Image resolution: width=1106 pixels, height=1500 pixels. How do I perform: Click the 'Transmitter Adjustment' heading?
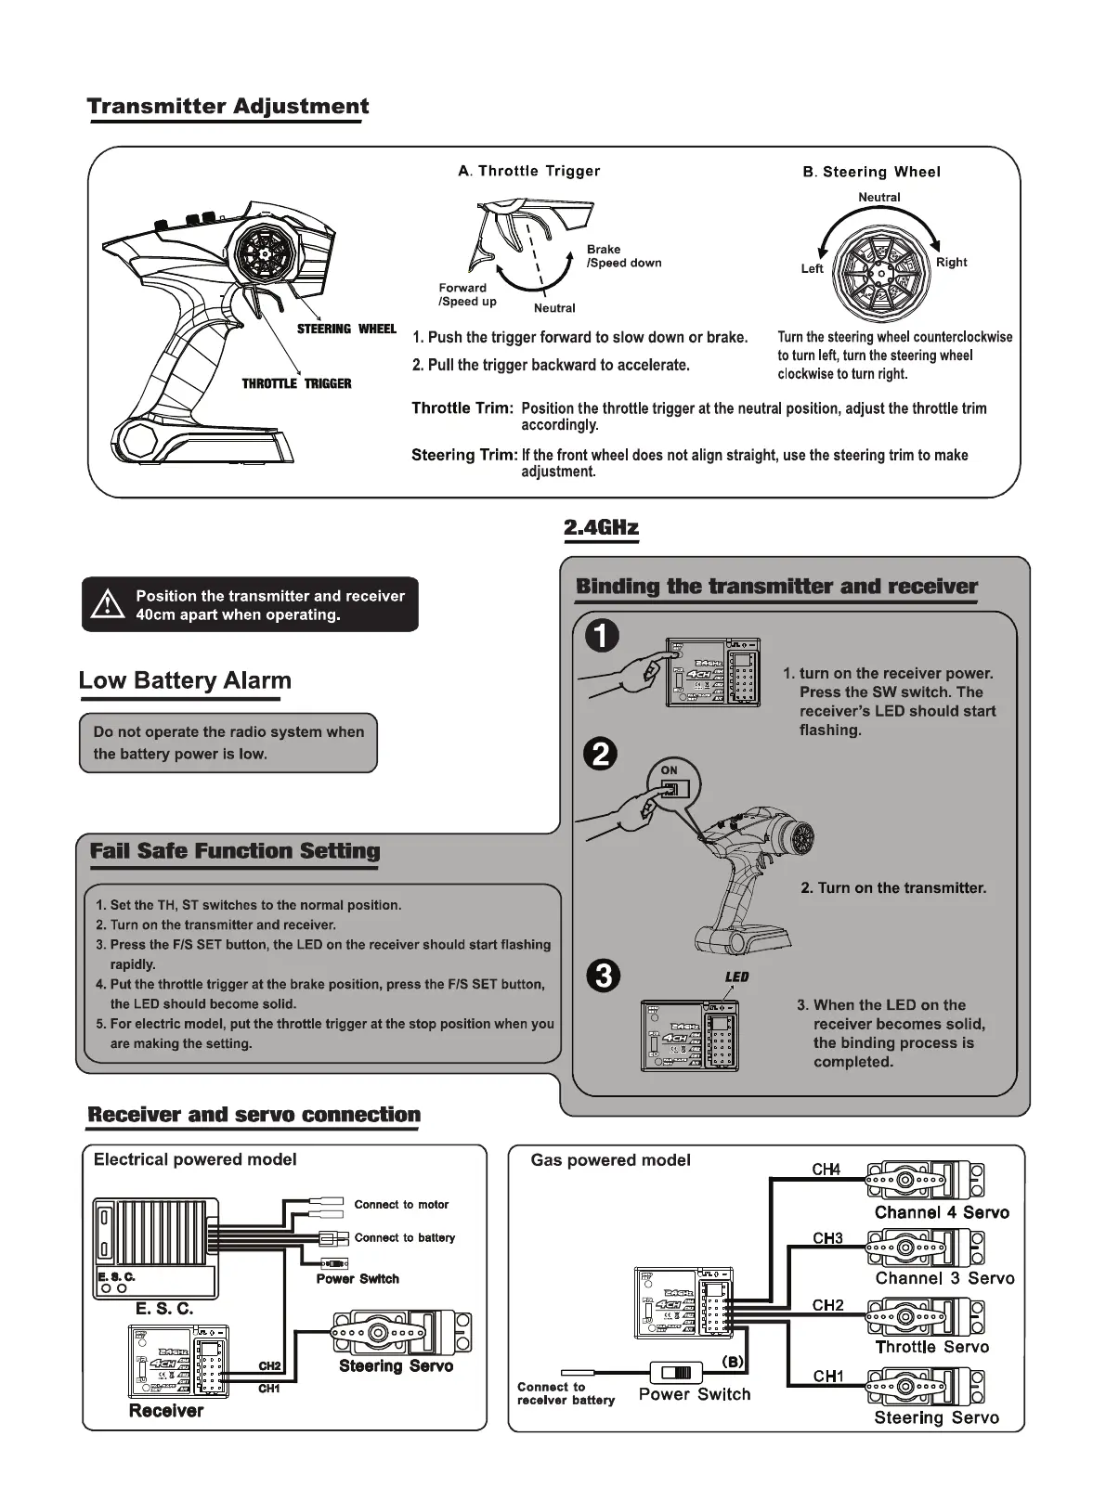coord(228,107)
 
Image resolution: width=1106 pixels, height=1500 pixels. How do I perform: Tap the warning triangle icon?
coord(108,604)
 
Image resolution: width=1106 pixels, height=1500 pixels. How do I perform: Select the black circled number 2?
coord(602,754)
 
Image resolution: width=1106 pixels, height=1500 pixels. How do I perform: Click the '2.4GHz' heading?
coord(601,528)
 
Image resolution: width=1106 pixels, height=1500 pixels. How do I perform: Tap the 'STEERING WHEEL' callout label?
coord(345,329)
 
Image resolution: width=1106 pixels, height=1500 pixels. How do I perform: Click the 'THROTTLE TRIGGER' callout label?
coord(296,383)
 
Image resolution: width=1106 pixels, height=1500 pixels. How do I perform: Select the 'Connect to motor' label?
coord(401,1205)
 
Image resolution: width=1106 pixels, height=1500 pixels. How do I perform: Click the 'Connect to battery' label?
coord(405,1237)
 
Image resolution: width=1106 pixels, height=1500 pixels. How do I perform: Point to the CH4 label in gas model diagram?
coord(826,1170)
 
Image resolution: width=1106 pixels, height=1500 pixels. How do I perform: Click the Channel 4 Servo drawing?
coord(925,1182)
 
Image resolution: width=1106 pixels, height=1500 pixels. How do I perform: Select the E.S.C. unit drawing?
coord(155,1247)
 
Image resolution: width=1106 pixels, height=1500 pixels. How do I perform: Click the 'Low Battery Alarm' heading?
coord(185,680)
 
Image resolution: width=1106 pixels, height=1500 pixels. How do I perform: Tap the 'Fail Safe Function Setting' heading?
coord(235,851)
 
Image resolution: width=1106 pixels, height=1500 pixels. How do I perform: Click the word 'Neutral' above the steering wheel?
coord(878,197)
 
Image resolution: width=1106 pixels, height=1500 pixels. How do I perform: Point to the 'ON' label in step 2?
coord(670,769)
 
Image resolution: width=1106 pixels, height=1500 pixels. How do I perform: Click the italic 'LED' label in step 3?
coord(736,976)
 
